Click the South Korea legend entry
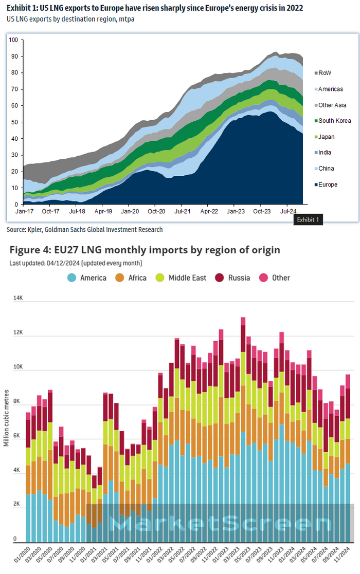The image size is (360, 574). click(x=334, y=121)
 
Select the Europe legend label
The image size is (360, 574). click(x=328, y=184)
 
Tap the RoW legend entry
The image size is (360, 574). click(x=325, y=73)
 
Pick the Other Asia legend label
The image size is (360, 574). click(x=332, y=105)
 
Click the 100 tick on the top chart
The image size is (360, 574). click(x=13, y=40)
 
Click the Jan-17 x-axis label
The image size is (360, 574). click(x=24, y=211)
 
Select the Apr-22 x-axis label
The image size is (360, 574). click(x=208, y=211)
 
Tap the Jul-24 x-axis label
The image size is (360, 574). click(x=288, y=211)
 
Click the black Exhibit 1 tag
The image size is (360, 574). click(x=308, y=220)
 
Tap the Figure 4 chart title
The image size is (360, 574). click(x=145, y=250)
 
